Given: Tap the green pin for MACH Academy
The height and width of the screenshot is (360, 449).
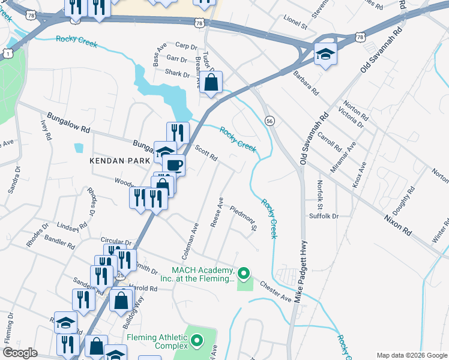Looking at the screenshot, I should (x=243, y=274).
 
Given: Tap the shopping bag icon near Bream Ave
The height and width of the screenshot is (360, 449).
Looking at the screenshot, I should (x=211, y=83).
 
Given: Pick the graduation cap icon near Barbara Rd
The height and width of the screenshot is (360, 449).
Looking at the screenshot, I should (x=325, y=55).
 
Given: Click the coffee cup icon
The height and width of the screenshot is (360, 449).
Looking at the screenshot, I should (x=174, y=165).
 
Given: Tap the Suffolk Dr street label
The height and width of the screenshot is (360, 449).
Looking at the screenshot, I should (x=324, y=215).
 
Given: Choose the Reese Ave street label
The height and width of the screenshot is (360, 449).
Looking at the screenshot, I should (x=217, y=214).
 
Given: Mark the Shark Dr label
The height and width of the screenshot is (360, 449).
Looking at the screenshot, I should (x=177, y=74).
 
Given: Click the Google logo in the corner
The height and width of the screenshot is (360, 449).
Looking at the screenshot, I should (x=20, y=353).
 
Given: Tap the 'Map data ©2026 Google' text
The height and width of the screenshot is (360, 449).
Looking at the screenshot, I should (x=411, y=355).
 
